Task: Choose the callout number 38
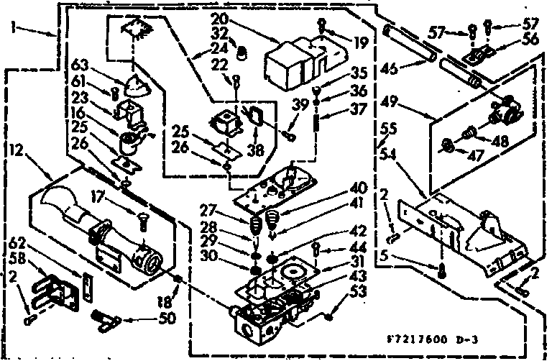pos(254,152)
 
